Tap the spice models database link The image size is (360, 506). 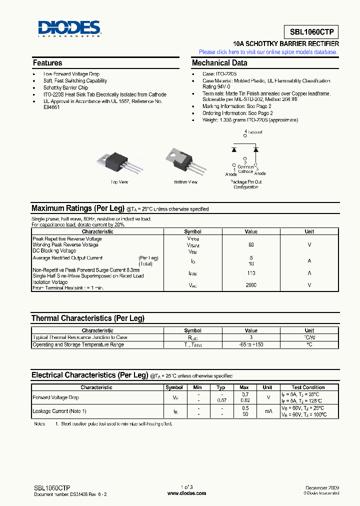pos(268,52)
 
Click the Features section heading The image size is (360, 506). pos(47,63)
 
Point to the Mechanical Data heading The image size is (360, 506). pos(219,63)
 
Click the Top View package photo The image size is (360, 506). pos(119,159)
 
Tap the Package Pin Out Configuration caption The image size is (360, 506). pos(246,184)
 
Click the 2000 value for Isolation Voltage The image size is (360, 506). pos(251,285)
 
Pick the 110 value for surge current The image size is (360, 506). pos(251,273)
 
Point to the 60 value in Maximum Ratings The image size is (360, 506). pos(251,245)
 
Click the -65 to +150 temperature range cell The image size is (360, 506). pos(251,344)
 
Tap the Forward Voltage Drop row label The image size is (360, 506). pos(56,397)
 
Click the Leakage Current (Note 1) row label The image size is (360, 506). pos(59,411)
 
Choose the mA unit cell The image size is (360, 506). pos(267,411)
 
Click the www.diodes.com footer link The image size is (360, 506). pos(186,493)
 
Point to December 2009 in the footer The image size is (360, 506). pos(322,487)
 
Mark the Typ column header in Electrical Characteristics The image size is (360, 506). pos(221,387)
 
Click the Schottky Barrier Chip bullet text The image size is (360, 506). pos(65,87)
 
